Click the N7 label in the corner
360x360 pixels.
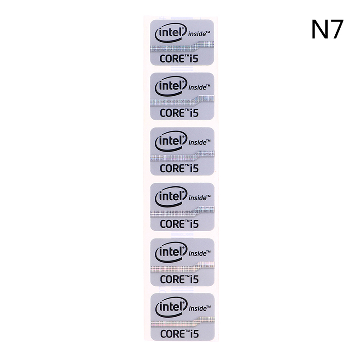click(328, 29)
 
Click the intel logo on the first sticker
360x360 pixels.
click(171, 33)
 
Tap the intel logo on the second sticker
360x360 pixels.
click(171, 86)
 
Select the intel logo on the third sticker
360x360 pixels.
click(171, 141)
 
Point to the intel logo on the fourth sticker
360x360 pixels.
click(171, 197)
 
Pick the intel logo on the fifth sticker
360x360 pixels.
click(171, 252)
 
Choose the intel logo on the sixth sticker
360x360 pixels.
click(171, 307)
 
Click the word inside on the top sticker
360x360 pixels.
click(199, 34)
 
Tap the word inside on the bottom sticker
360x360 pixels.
click(199, 308)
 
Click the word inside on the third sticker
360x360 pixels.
click(199, 142)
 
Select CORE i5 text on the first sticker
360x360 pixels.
click(179, 58)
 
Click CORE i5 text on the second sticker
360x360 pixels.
click(179, 113)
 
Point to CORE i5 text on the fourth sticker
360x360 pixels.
click(179, 224)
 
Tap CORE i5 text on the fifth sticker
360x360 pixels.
click(179, 279)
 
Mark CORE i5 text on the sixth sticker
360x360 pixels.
click(180, 334)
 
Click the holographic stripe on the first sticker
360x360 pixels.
click(182, 47)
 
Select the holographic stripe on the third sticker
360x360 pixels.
click(182, 156)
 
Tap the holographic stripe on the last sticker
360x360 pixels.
click(183, 322)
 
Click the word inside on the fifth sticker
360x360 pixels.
click(199, 253)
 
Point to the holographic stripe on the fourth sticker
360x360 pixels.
click(182, 211)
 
